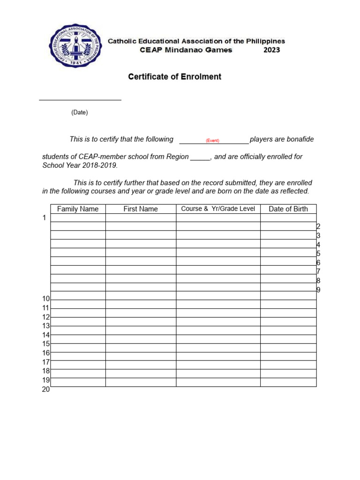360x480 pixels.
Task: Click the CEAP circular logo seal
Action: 75,46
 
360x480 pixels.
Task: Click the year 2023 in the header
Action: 271,50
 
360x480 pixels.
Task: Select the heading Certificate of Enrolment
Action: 175,77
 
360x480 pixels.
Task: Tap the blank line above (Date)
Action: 80,99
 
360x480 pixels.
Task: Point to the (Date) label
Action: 80,112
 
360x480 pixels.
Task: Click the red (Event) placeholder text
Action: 212,141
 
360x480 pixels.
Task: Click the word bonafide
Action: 296,139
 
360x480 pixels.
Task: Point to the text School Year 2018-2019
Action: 80,165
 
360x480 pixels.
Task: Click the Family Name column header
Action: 78,209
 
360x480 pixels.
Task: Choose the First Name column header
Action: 141,209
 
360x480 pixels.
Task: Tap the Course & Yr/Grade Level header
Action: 218,209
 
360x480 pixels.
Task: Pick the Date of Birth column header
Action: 288,209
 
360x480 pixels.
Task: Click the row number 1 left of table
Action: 45,218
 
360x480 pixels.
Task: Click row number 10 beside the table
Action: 46,299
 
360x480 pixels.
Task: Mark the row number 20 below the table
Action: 46,389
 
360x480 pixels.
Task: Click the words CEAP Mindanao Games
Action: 186,50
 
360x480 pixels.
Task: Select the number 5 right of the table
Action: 318,254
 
